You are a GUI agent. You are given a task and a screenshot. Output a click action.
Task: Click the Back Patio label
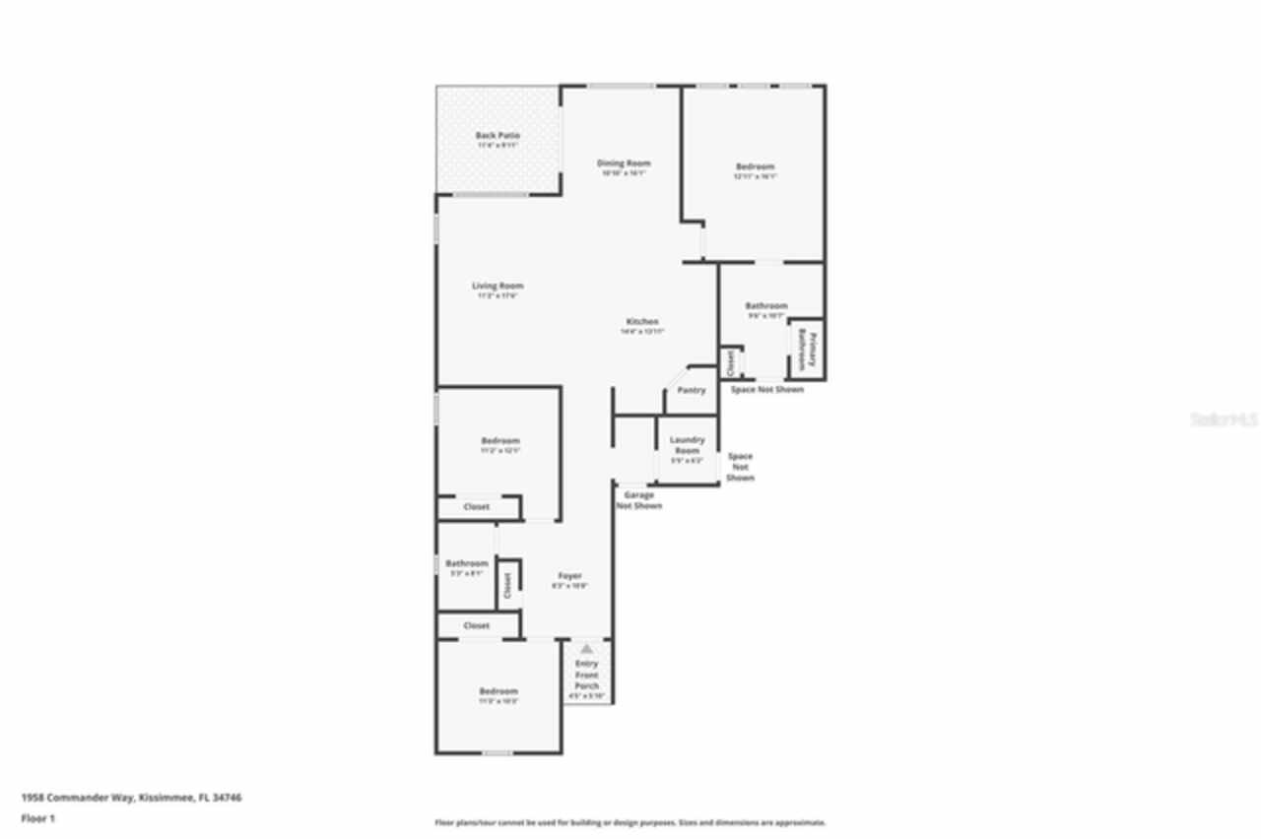(x=498, y=136)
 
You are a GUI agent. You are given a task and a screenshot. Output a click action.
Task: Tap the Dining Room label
(x=624, y=163)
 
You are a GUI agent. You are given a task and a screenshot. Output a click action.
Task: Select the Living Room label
(x=498, y=287)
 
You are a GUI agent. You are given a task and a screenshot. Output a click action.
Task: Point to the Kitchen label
(x=642, y=323)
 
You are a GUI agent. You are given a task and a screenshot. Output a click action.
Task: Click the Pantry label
(x=692, y=391)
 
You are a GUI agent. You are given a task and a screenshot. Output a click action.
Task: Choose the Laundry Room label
(x=687, y=445)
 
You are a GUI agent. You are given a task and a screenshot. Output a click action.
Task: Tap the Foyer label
(x=569, y=576)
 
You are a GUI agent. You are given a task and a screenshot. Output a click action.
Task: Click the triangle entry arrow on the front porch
(x=586, y=649)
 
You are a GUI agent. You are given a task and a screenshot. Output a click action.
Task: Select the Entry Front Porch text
(x=586, y=676)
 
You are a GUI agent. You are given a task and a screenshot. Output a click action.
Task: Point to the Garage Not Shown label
(x=638, y=501)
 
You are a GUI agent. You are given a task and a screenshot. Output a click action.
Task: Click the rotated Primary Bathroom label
(x=806, y=349)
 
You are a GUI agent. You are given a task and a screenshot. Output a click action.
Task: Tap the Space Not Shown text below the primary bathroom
(x=766, y=390)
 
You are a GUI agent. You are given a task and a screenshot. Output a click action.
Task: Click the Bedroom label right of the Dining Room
(x=755, y=167)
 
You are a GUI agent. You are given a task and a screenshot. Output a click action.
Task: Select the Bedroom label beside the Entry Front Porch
(x=498, y=691)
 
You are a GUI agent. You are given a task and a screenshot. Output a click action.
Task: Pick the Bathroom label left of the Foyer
(x=466, y=564)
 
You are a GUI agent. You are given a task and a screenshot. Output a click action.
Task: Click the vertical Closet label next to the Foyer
(x=507, y=586)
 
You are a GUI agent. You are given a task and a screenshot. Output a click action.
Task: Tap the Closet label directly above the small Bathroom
(x=477, y=507)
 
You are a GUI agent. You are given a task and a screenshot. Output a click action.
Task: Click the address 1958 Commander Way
(x=131, y=798)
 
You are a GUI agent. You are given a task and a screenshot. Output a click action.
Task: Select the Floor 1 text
(x=38, y=818)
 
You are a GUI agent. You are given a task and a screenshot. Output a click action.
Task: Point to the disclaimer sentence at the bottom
(x=630, y=822)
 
